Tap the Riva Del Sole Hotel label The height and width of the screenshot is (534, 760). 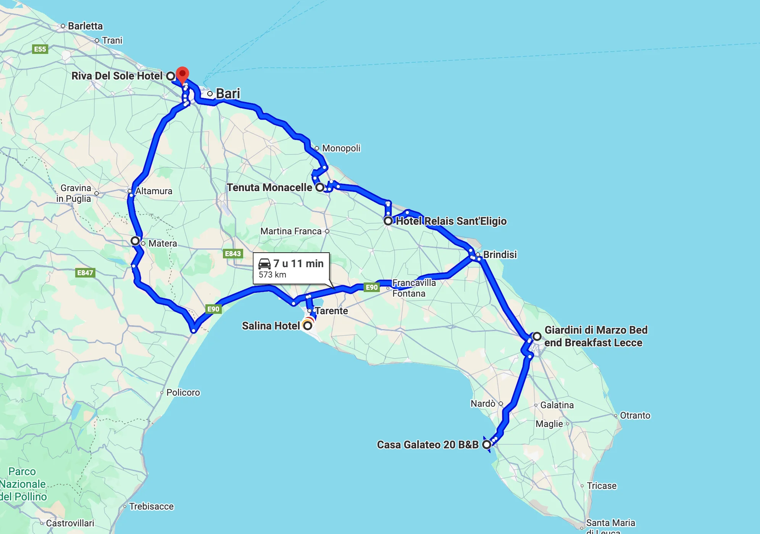(117, 76)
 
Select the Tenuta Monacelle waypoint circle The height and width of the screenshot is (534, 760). (320, 187)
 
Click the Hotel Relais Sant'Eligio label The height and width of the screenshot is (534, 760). (451, 221)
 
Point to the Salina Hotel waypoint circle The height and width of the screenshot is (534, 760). (308, 326)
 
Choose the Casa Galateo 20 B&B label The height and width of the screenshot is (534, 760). (428, 445)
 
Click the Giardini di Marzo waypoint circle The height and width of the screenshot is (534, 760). (537, 336)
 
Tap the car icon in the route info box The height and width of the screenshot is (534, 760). (265, 264)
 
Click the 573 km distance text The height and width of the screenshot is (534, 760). (273, 274)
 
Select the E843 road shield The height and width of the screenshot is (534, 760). (233, 253)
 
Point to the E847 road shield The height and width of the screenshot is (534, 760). (85, 273)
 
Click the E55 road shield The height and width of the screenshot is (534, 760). (40, 49)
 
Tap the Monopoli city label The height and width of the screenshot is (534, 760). (341, 148)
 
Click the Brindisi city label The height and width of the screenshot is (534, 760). (500, 254)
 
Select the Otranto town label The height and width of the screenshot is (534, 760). (635, 415)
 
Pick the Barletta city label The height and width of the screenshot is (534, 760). (85, 26)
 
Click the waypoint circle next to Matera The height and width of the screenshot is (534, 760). (135, 241)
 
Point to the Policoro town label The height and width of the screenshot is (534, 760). (183, 393)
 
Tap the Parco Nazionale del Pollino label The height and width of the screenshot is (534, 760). (23, 484)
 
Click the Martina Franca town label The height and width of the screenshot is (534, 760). (291, 231)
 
